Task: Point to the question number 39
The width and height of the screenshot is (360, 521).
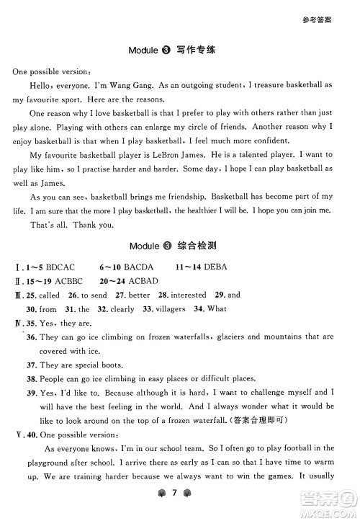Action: point(31,393)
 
